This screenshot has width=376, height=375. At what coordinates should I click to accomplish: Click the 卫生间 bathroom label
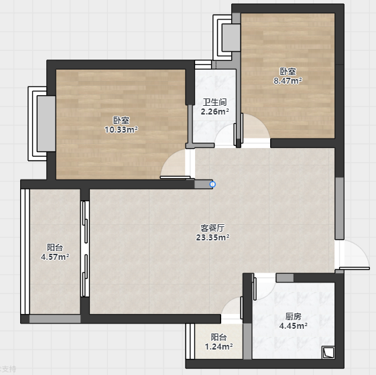(214, 102)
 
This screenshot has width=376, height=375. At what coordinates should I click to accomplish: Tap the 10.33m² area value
(121, 130)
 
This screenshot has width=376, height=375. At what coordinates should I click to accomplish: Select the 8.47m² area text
(288, 81)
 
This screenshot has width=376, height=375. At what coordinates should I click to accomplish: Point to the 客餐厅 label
(212, 228)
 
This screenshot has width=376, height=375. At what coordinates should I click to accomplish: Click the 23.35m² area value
(212, 238)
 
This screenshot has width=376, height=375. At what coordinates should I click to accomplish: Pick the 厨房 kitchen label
(294, 317)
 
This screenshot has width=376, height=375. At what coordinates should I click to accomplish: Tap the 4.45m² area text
(294, 326)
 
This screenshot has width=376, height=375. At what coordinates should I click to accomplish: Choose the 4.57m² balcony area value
(55, 257)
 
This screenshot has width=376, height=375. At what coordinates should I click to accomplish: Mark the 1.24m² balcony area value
(218, 346)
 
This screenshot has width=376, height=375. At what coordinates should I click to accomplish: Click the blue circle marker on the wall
(212, 184)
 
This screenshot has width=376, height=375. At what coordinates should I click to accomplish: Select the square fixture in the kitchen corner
(328, 353)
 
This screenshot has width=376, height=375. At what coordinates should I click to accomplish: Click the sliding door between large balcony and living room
(85, 248)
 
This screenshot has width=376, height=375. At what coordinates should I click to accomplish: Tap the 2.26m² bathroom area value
(214, 112)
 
